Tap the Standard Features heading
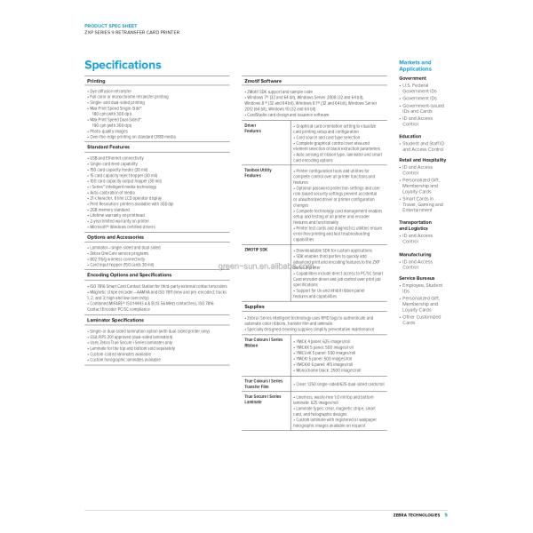click(109, 147)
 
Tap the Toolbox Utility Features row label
click(258, 170)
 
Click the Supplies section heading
click(255, 306)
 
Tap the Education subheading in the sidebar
click(411, 136)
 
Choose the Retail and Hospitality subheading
click(422, 160)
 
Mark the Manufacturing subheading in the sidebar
click(416, 253)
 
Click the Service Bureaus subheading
click(417, 278)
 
